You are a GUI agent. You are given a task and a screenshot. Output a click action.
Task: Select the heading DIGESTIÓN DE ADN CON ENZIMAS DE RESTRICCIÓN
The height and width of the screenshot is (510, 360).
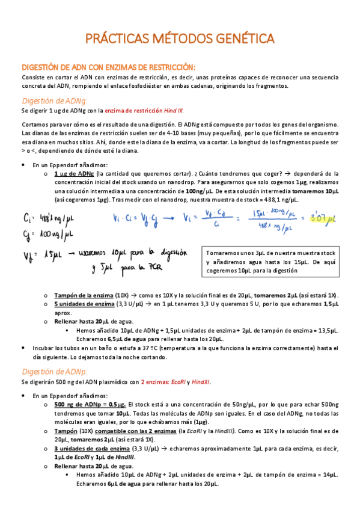(108, 67)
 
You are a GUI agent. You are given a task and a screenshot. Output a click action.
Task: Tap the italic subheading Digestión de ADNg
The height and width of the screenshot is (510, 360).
(54, 100)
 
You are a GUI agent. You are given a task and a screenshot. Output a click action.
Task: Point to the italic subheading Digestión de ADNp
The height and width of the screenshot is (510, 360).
(54, 372)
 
